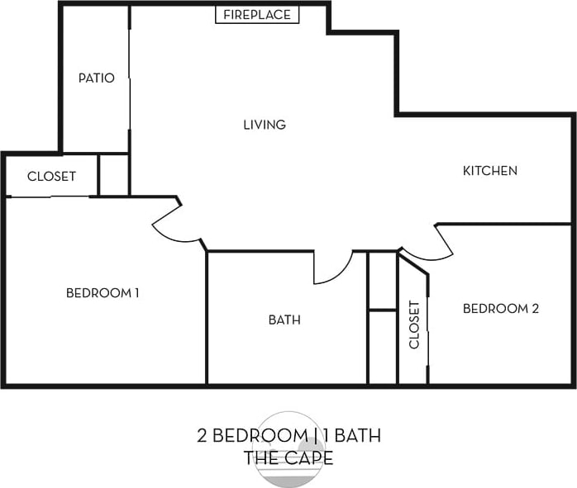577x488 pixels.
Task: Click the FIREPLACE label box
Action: point(257,15)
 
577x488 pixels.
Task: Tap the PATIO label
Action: point(96,78)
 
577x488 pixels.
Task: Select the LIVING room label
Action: point(265,125)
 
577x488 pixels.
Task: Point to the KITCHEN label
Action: point(489,171)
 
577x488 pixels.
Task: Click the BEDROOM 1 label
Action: point(103,292)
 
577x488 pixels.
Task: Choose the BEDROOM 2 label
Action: point(500,308)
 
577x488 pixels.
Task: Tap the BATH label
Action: point(284,320)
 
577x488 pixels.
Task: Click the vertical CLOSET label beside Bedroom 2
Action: point(414,325)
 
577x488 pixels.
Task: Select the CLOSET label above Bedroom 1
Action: point(51,176)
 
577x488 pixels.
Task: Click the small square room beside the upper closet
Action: point(114,174)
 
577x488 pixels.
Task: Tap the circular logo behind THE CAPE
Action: point(288,447)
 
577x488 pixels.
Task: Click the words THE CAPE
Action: point(288,457)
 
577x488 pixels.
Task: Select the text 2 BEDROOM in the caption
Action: point(249,435)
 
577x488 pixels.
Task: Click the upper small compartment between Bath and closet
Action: point(382,281)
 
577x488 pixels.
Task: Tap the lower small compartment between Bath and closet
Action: point(382,347)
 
